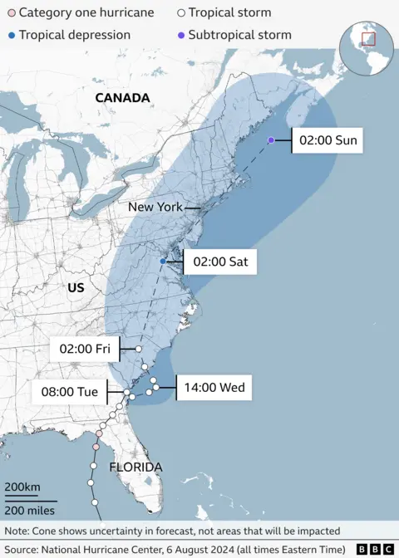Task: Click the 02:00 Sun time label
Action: pyautogui.click(x=328, y=140)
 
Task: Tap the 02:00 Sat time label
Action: pyautogui.click(x=219, y=262)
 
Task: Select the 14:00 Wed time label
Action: pyautogui.click(x=213, y=387)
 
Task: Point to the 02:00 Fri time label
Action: pyautogui.click(x=86, y=349)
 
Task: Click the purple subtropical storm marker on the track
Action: pyautogui.click(x=271, y=140)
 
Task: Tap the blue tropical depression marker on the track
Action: pyautogui.click(x=163, y=262)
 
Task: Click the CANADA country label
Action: pyautogui.click(x=122, y=98)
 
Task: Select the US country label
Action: pyautogui.click(x=76, y=287)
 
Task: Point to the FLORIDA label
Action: pyautogui.click(x=135, y=467)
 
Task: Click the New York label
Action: pyautogui.click(x=155, y=206)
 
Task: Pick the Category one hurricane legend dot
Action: pyautogui.click(x=11, y=13)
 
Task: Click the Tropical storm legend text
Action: pyautogui.click(x=229, y=13)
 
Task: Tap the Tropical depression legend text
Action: pyautogui.click(x=74, y=35)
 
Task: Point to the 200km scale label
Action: pyautogui.click(x=23, y=487)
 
